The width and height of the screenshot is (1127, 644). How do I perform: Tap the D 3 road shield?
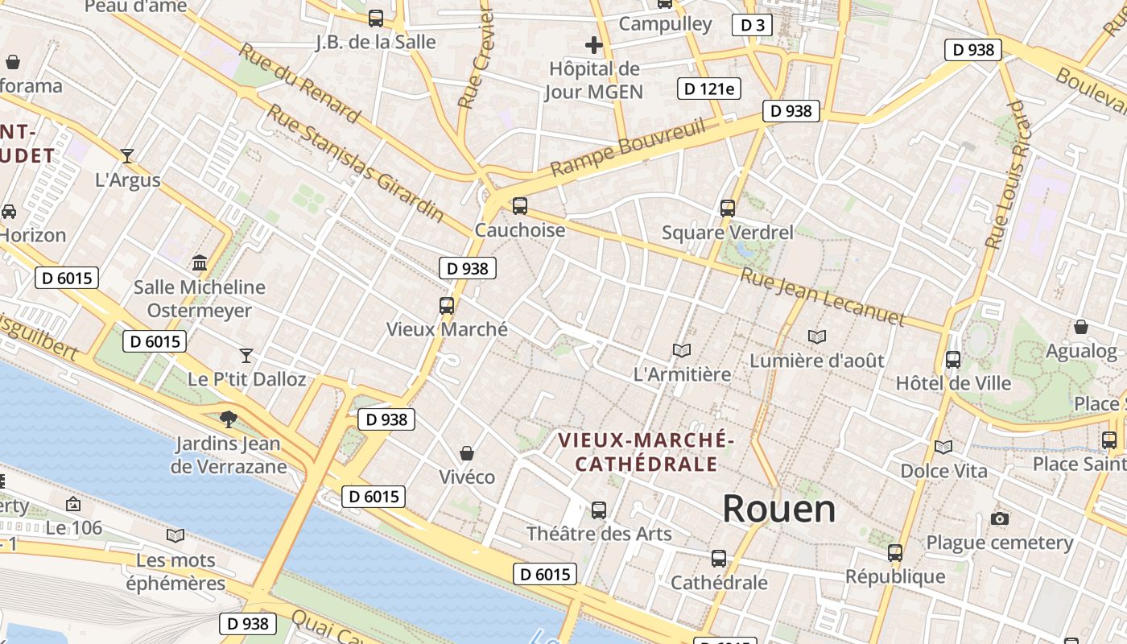[x=752, y=25]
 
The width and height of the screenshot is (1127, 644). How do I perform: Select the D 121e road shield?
[x=708, y=89]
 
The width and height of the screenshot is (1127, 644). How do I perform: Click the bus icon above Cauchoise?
[x=520, y=206]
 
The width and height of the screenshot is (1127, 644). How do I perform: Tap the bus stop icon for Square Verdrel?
[x=728, y=208]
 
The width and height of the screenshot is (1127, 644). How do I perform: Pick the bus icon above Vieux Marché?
[x=447, y=306]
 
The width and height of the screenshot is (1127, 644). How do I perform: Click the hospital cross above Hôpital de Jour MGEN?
[x=594, y=45]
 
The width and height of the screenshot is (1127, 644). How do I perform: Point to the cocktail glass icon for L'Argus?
[x=127, y=156]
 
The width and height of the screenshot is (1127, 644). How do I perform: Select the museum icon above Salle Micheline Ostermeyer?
[x=200, y=262]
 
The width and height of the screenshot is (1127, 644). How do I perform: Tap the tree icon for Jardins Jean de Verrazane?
[x=229, y=419]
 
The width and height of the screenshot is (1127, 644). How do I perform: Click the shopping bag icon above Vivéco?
[x=467, y=453]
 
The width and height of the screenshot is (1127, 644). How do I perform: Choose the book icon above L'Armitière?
[x=682, y=350]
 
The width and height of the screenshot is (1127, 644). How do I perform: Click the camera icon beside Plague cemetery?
[x=1000, y=518]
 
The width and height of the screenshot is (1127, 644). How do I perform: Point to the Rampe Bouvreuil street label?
[x=628, y=147]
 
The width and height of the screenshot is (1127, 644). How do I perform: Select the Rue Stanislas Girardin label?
[x=355, y=163]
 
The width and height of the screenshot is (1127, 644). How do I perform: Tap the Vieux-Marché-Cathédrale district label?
[x=646, y=452]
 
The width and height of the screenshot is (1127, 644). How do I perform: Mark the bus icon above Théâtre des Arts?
[x=599, y=510]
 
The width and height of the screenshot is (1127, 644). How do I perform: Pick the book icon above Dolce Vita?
[x=943, y=447]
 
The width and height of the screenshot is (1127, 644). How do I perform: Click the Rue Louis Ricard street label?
[x=1006, y=175]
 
